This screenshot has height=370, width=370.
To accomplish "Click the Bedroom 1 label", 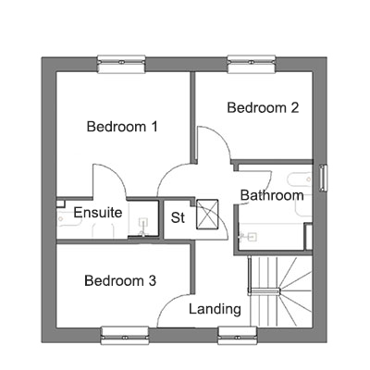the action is click(x=122, y=127).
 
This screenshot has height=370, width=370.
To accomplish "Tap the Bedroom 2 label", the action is click(x=263, y=107).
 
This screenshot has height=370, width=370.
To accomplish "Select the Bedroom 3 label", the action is click(x=120, y=280).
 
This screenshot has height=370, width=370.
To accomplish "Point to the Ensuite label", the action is click(x=98, y=213).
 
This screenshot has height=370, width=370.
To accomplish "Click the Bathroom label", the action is click(x=272, y=195).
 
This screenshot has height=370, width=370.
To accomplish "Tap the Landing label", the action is click(x=215, y=309).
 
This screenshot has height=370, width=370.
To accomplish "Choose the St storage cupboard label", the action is click(x=178, y=217).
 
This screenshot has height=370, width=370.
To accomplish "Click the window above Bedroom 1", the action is click(x=121, y=64).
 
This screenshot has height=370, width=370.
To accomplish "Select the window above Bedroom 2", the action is click(x=252, y=64).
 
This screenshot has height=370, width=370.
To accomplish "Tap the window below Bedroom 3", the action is click(x=125, y=336).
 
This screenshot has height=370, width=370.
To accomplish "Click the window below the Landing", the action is click(x=238, y=336).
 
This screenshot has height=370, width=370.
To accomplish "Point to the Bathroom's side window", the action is click(x=323, y=178).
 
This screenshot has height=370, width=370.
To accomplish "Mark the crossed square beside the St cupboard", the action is click(x=207, y=215).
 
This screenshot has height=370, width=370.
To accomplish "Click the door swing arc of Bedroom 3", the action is click(x=168, y=302).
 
